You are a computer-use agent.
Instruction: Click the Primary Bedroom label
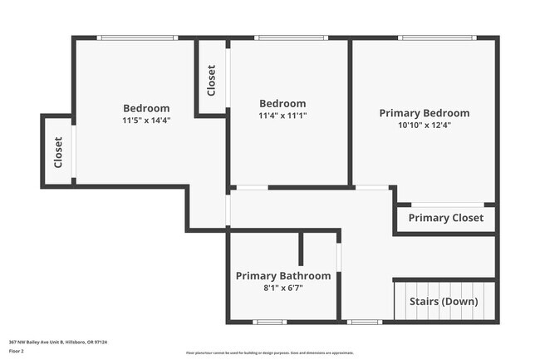point(424,113)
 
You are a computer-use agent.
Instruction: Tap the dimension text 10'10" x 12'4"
point(424,126)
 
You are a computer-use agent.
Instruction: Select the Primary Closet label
point(445,219)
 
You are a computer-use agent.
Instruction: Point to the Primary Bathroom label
point(283,276)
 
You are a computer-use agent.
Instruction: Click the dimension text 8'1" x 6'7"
point(283,288)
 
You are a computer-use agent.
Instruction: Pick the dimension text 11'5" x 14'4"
point(146,121)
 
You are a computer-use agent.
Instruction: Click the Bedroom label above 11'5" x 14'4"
point(146,108)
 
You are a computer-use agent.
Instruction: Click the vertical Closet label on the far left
point(58,152)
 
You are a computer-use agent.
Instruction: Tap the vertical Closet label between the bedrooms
point(212,80)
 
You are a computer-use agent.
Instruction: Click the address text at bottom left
point(58,342)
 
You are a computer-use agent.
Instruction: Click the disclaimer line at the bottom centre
point(270,353)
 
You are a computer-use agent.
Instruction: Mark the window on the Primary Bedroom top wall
point(436,37)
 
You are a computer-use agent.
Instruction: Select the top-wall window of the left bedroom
point(137,37)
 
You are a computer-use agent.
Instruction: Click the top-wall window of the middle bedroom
point(291,37)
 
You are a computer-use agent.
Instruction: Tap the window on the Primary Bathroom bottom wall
point(270,322)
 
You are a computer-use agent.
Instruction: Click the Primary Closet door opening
point(447,205)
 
